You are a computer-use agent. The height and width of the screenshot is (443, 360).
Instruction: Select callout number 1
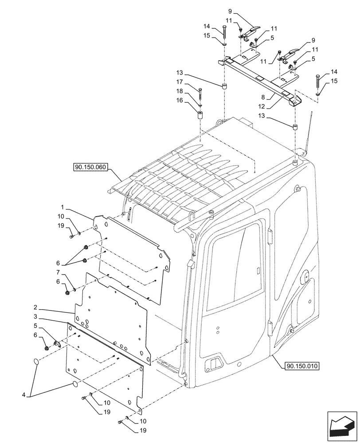pos(63,207)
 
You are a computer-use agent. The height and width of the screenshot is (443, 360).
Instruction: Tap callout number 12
pos(263,106)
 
